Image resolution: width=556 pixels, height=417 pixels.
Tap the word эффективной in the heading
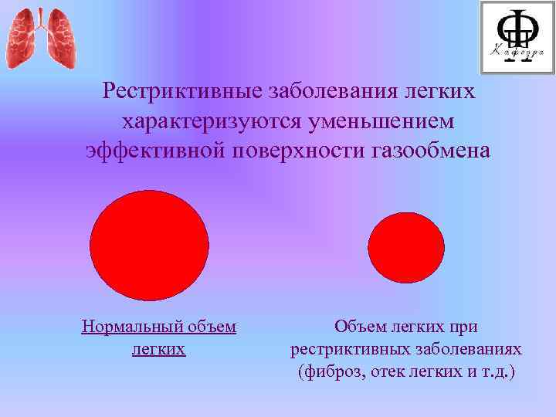pos(154,150)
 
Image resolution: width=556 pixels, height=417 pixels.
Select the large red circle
pos(150,246)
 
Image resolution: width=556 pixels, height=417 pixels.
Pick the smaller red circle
pos(405,248)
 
